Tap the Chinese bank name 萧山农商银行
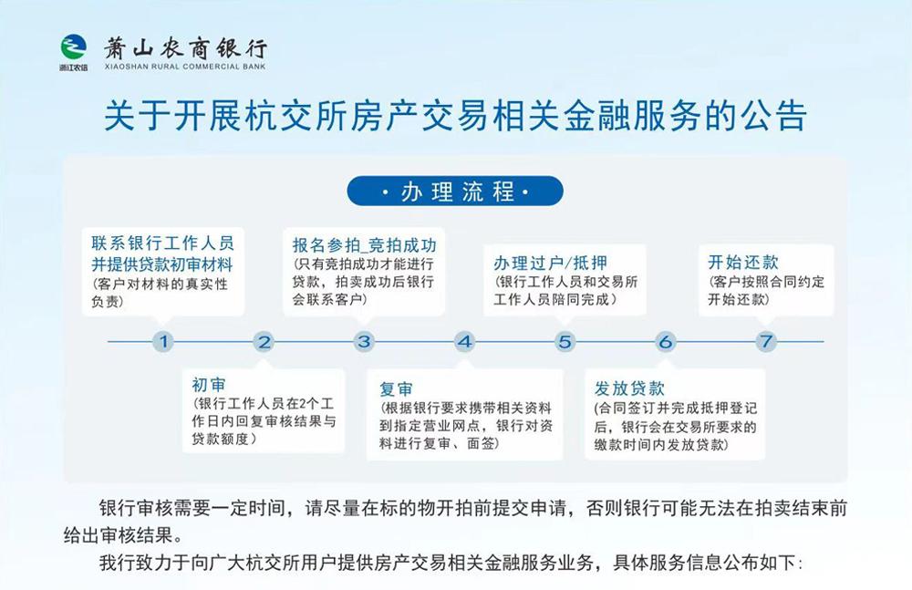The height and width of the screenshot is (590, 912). pos(185,47)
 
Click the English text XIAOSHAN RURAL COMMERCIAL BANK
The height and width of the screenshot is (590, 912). pos(185,67)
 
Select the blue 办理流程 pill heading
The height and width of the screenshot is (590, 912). pos(455,191)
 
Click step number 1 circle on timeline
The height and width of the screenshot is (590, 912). pos(163,341)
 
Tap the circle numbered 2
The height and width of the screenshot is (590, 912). pos(264,341)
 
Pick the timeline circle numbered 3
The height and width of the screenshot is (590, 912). pos(364,341)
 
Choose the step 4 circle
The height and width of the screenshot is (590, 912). pos(465,341)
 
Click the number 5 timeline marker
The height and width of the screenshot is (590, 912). pos(565,341)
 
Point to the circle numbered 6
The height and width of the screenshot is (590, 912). pos(666,341)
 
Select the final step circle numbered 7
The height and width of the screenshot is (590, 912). pos(766,341)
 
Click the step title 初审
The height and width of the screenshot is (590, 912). pos(209,385)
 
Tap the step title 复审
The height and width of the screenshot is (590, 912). pos(396,388)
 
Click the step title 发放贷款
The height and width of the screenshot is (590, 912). pos(629,388)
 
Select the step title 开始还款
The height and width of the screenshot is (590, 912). pos(742,263)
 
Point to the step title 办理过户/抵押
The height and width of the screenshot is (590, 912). pos(550,263)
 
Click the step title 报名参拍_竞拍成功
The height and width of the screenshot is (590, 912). pos(364,245)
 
